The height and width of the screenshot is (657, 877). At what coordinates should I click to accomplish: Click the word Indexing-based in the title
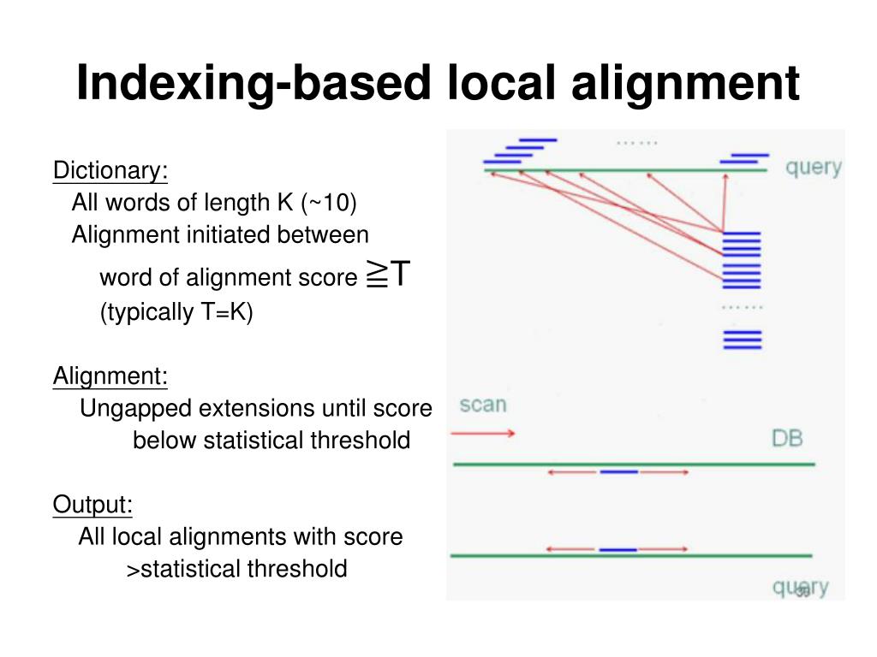[248, 84]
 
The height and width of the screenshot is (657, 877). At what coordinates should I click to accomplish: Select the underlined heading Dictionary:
[110, 170]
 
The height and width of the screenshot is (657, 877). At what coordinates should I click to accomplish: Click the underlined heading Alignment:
[110, 376]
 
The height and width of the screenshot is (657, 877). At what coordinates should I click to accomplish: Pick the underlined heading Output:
[92, 505]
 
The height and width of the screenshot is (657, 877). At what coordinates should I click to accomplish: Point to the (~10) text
[329, 203]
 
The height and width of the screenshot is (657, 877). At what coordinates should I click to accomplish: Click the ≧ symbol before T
[375, 275]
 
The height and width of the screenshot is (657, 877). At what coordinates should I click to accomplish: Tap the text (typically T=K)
[177, 312]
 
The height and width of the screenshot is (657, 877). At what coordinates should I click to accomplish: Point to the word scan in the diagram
[483, 405]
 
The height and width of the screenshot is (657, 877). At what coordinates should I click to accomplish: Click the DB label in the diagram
[786, 439]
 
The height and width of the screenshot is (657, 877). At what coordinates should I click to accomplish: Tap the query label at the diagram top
[813, 167]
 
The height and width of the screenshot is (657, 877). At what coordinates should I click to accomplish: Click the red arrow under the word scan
[483, 433]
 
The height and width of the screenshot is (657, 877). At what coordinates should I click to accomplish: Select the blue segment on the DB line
[618, 471]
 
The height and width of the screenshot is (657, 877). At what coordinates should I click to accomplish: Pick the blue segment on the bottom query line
[617, 549]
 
